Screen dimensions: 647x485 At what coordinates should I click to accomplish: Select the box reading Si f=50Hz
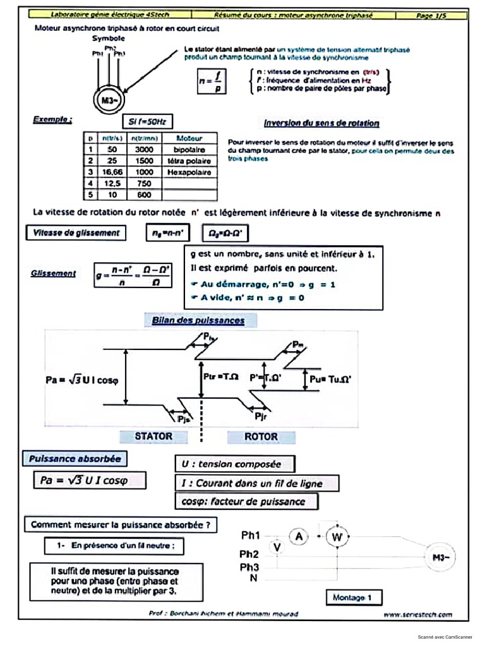tap(147, 121)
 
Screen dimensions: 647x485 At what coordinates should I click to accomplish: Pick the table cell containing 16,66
tap(113, 172)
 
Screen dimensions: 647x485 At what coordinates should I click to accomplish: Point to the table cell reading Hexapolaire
tap(189, 172)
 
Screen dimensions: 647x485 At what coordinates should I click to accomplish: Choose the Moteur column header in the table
tap(189, 138)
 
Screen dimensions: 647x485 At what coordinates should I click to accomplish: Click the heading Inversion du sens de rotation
tap(321, 123)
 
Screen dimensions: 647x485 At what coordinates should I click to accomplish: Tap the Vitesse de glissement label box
tap(75, 233)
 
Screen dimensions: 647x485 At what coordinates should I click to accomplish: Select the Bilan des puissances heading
tap(198, 320)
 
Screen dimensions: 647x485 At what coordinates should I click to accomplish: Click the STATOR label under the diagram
tap(153, 436)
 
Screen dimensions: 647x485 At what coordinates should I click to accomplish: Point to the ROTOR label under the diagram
tap(261, 437)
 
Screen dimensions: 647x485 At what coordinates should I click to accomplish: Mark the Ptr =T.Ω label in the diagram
tap(221, 377)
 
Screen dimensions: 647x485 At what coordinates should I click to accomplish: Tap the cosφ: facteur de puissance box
tap(246, 502)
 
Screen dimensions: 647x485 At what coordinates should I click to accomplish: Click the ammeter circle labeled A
tap(299, 536)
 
